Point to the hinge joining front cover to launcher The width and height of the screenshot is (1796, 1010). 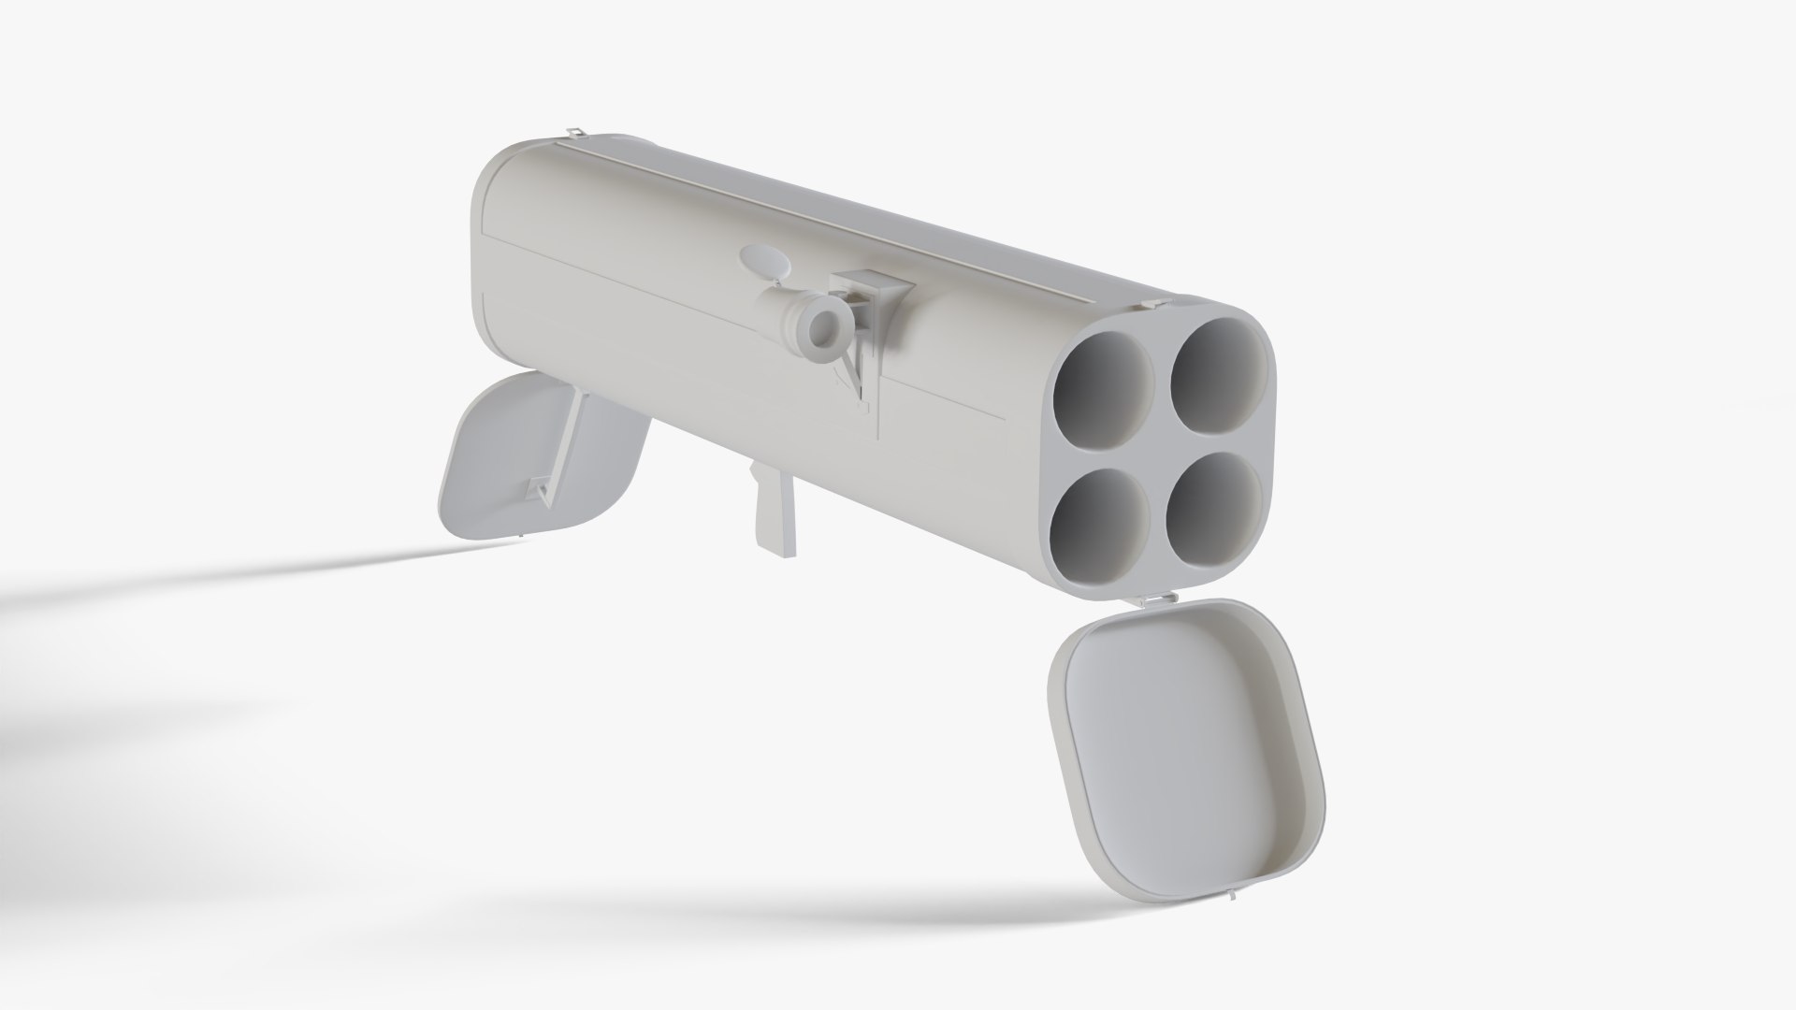click(x=1158, y=599)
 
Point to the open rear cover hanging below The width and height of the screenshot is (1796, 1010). click(x=510, y=458)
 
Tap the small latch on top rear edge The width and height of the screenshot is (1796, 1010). click(x=575, y=132)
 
